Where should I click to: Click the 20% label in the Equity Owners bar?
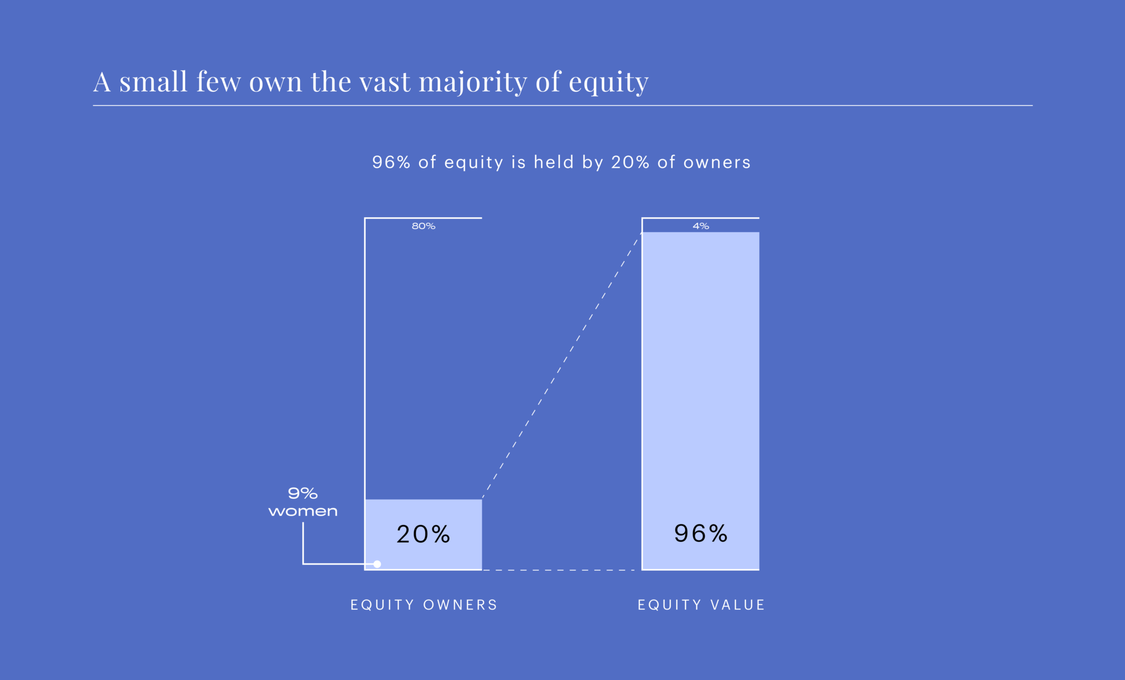423,534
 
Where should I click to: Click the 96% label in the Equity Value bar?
700,534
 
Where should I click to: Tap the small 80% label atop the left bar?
424,226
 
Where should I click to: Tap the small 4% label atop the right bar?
700,226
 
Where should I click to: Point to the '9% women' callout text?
303,502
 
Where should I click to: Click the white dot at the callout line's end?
377,564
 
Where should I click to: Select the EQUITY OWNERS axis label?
424,605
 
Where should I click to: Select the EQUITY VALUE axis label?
701,605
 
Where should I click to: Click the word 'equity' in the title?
608,82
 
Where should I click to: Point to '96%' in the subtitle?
391,162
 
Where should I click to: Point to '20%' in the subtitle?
630,162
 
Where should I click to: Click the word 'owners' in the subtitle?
717,162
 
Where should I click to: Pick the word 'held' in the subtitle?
554,162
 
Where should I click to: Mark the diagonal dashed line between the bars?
562,366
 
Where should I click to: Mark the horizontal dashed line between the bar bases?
561,570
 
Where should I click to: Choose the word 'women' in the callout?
303,511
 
